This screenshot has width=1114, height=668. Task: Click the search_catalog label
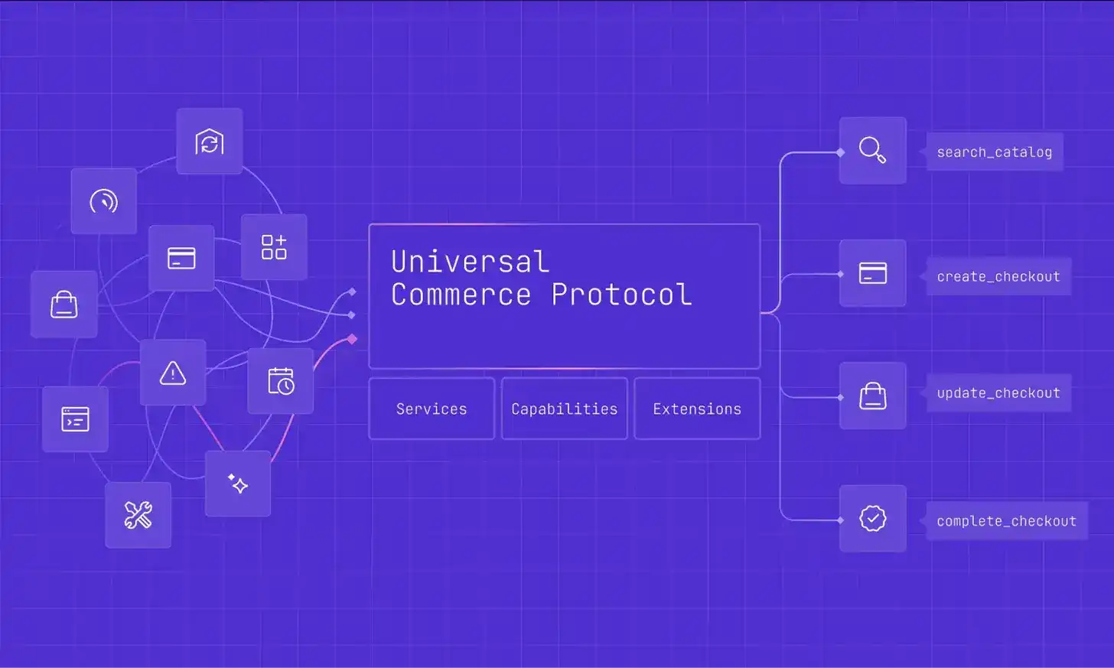994,152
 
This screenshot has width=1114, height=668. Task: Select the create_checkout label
998,276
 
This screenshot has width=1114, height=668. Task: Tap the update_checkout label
998,393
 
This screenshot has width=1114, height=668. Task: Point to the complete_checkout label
1006,521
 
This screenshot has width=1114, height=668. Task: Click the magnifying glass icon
872,150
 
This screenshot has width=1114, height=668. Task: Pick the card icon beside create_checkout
872,273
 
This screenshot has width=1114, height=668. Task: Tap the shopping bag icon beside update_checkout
872,396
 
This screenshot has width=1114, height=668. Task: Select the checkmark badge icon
872,518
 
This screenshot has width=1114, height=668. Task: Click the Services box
432,409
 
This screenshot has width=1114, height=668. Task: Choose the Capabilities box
565,409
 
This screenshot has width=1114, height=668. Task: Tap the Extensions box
697,409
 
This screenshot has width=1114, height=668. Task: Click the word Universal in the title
470,262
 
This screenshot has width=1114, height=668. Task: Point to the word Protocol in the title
621,295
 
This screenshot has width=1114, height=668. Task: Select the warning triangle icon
173,373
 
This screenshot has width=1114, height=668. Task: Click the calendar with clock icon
281,381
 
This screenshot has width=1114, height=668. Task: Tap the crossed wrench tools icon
138,515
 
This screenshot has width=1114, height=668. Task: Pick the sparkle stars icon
238,484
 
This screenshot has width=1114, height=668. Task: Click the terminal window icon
75,419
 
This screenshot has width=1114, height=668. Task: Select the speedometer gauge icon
104,201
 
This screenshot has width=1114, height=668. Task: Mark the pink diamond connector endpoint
352,339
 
